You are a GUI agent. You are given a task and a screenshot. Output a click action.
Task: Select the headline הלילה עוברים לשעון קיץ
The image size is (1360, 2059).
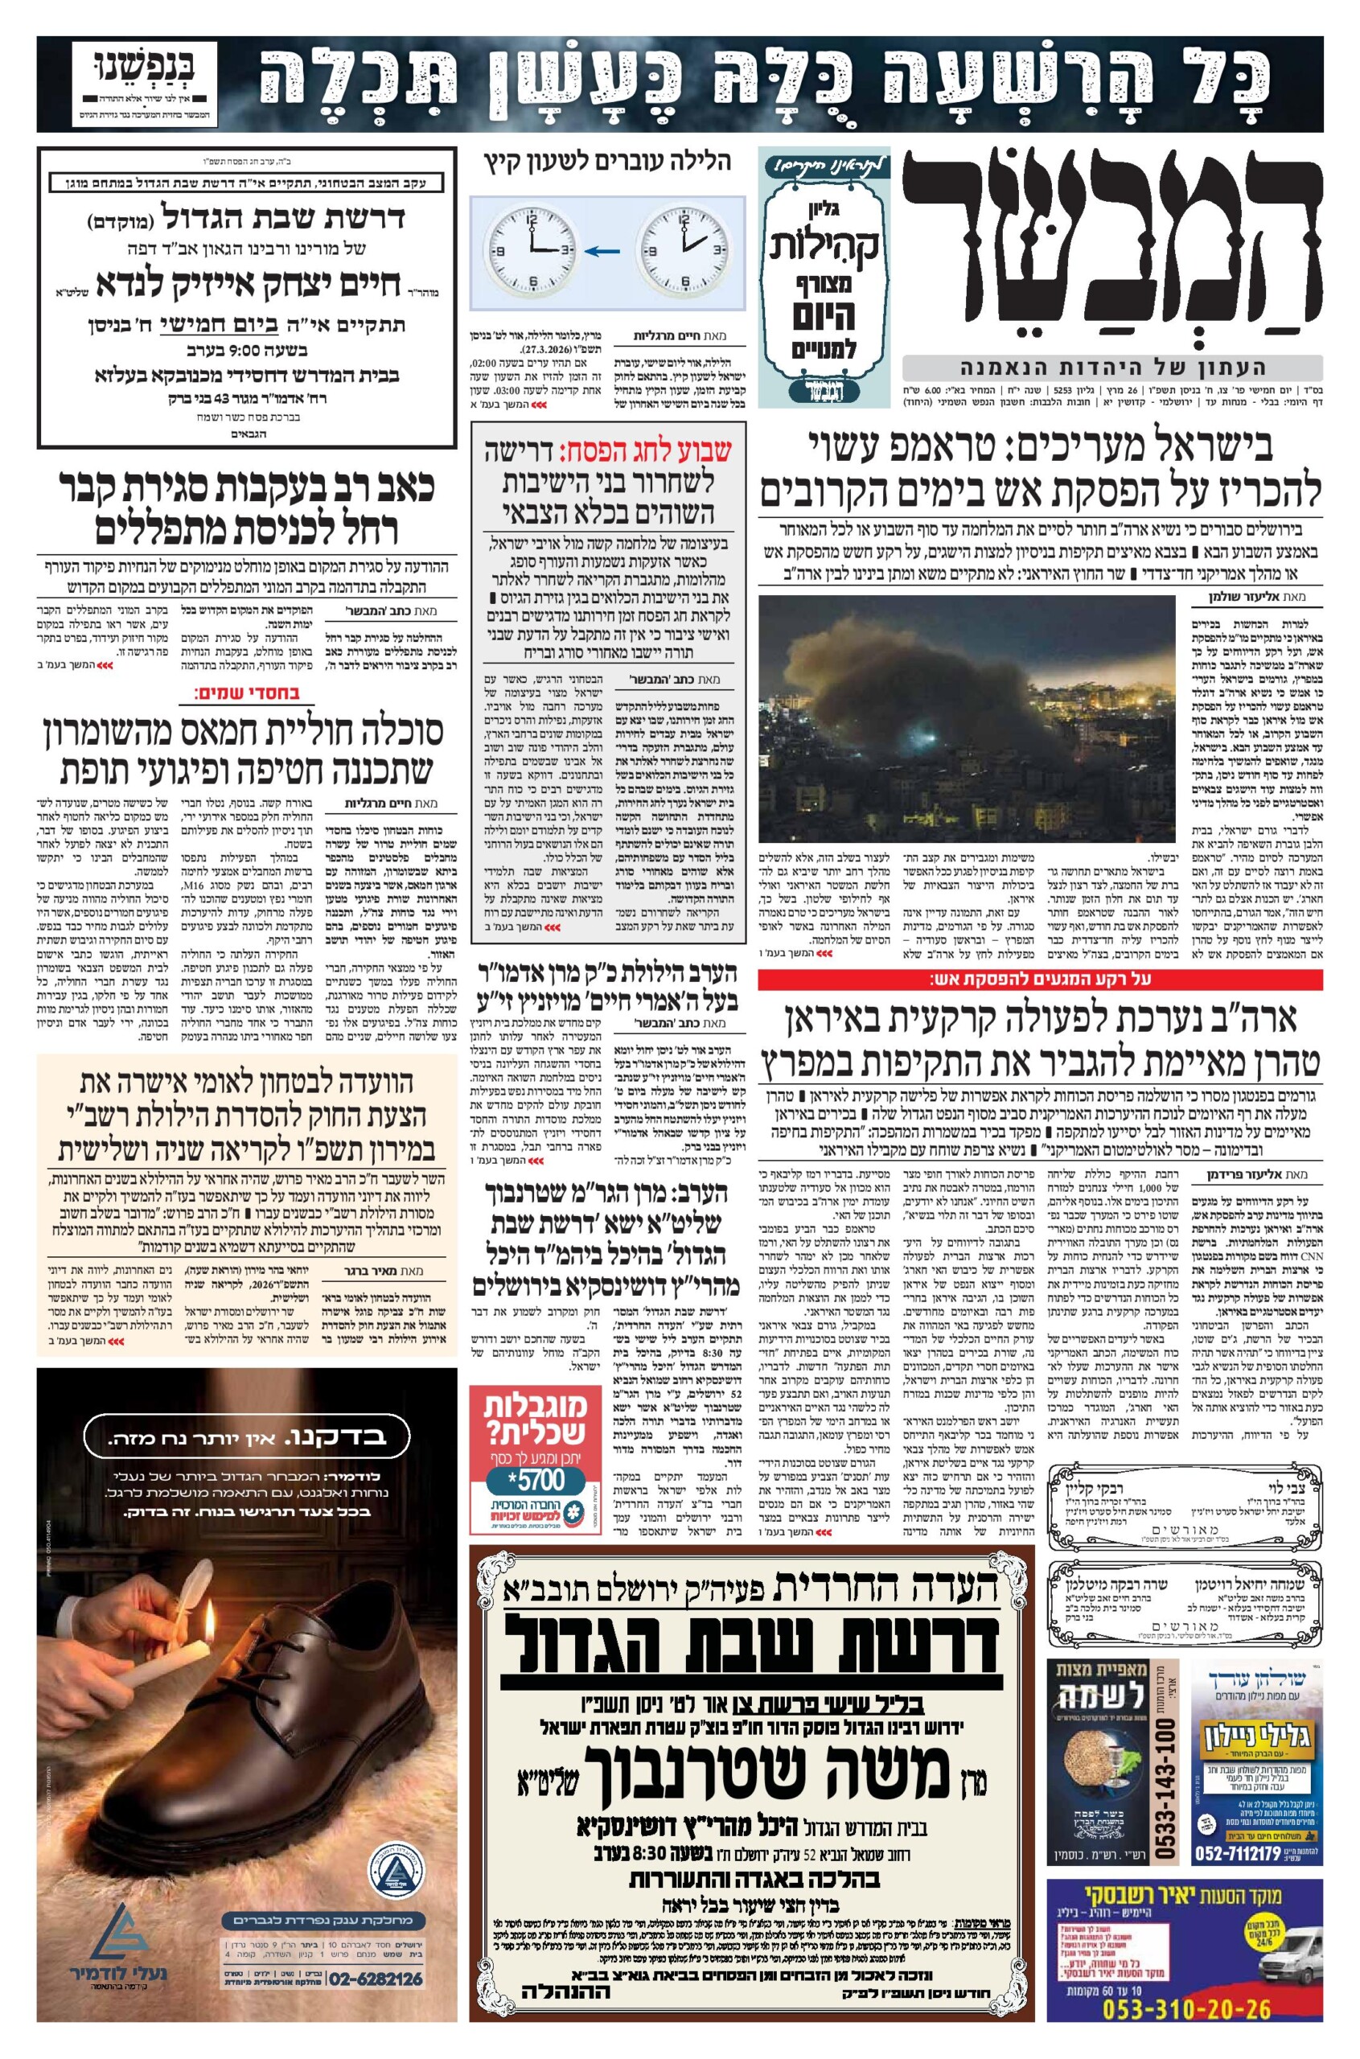tap(607, 162)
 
